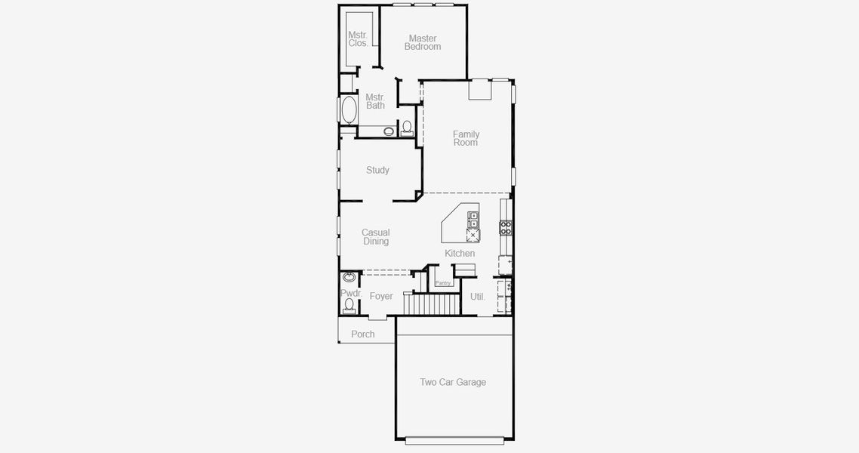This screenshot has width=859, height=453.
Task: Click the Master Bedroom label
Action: click(x=422, y=43)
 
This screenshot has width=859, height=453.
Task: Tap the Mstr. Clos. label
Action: click(x=358, y=39)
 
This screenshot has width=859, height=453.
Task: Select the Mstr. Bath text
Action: click(x=375, y=101)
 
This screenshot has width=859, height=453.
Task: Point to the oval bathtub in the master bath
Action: click(x=349, y=111)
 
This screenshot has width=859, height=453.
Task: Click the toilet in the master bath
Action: click(x=407, y=128)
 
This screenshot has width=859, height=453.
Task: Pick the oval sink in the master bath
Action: click(x=389, y=131)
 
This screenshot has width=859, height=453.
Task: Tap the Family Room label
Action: click(x=466, y=138)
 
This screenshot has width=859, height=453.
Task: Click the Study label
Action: click(x=377, y=171)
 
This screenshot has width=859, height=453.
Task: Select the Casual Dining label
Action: click(x=376, y=237)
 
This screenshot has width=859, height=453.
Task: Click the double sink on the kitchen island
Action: click(x=473, y=220)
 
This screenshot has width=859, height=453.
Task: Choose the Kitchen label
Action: click(x=460, y=254)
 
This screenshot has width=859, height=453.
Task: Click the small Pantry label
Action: click(x=443, y=283)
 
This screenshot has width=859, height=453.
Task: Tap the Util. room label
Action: click(x=478, y=297)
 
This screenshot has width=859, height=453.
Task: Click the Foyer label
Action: click(x=381, y=297)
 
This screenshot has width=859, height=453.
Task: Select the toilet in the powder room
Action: click(x=349, y=305)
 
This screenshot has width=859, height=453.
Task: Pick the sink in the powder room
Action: click(x=349, y=277)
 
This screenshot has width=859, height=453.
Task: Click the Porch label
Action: click(x=363, y=334)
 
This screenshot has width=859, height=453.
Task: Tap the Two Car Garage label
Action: click(x=453, y=383)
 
